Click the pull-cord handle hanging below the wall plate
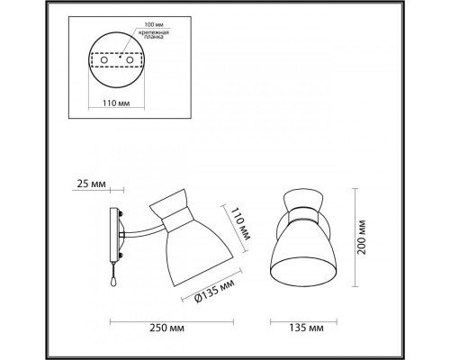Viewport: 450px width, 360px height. point(111,281)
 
